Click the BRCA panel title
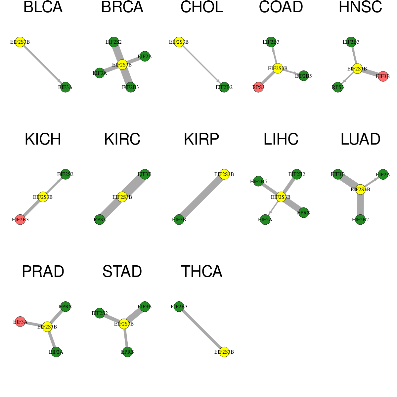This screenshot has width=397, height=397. [x=122, y=7]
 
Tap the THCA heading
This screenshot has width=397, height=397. [x=201, y=272]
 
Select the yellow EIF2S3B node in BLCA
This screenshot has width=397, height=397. [x=20, y=42]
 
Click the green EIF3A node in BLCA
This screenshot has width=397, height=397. [x=65, y=87]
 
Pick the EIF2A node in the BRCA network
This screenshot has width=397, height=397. [x=145, y=57]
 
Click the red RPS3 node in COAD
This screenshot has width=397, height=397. [x=258, y=87]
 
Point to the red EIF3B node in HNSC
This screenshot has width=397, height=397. [x=383, y=76]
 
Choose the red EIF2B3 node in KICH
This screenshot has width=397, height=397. [x=20, y=220]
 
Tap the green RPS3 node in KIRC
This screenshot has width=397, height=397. [x=100, y=220]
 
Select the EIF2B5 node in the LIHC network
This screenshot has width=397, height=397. [x=258, y=181]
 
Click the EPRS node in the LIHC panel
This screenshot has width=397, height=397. [x=303, y=213]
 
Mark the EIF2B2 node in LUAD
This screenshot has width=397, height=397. [x=360, y=220]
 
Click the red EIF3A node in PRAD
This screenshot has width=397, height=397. [x=20, y=322]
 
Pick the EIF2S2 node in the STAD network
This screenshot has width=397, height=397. [x=100, y=313]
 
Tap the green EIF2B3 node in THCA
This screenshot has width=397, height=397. [x=179, y=307]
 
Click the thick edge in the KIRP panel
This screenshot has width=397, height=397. [x=201, y=197]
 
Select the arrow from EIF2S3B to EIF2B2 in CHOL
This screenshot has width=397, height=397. [x=201, y=65]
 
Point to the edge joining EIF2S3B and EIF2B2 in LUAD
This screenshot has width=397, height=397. [x=360, y=204]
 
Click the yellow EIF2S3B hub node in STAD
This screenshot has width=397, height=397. [x=124, y=324]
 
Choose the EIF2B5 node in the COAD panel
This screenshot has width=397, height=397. [x=303, y=76]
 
